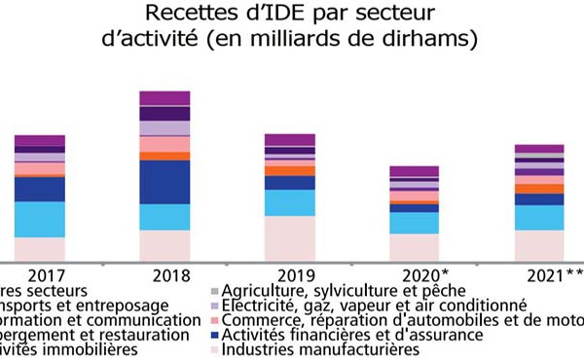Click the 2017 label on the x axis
40,275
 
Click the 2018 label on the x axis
164,275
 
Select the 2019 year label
289,275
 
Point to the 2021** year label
543,275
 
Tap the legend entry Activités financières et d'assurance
352,335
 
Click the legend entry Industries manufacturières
320,349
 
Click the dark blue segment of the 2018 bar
164,182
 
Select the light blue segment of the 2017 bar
40,219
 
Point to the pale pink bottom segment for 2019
289,238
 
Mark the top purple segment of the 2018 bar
164,97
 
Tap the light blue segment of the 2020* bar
415,223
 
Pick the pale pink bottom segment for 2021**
539,245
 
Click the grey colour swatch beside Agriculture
214,291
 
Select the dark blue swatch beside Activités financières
214,335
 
